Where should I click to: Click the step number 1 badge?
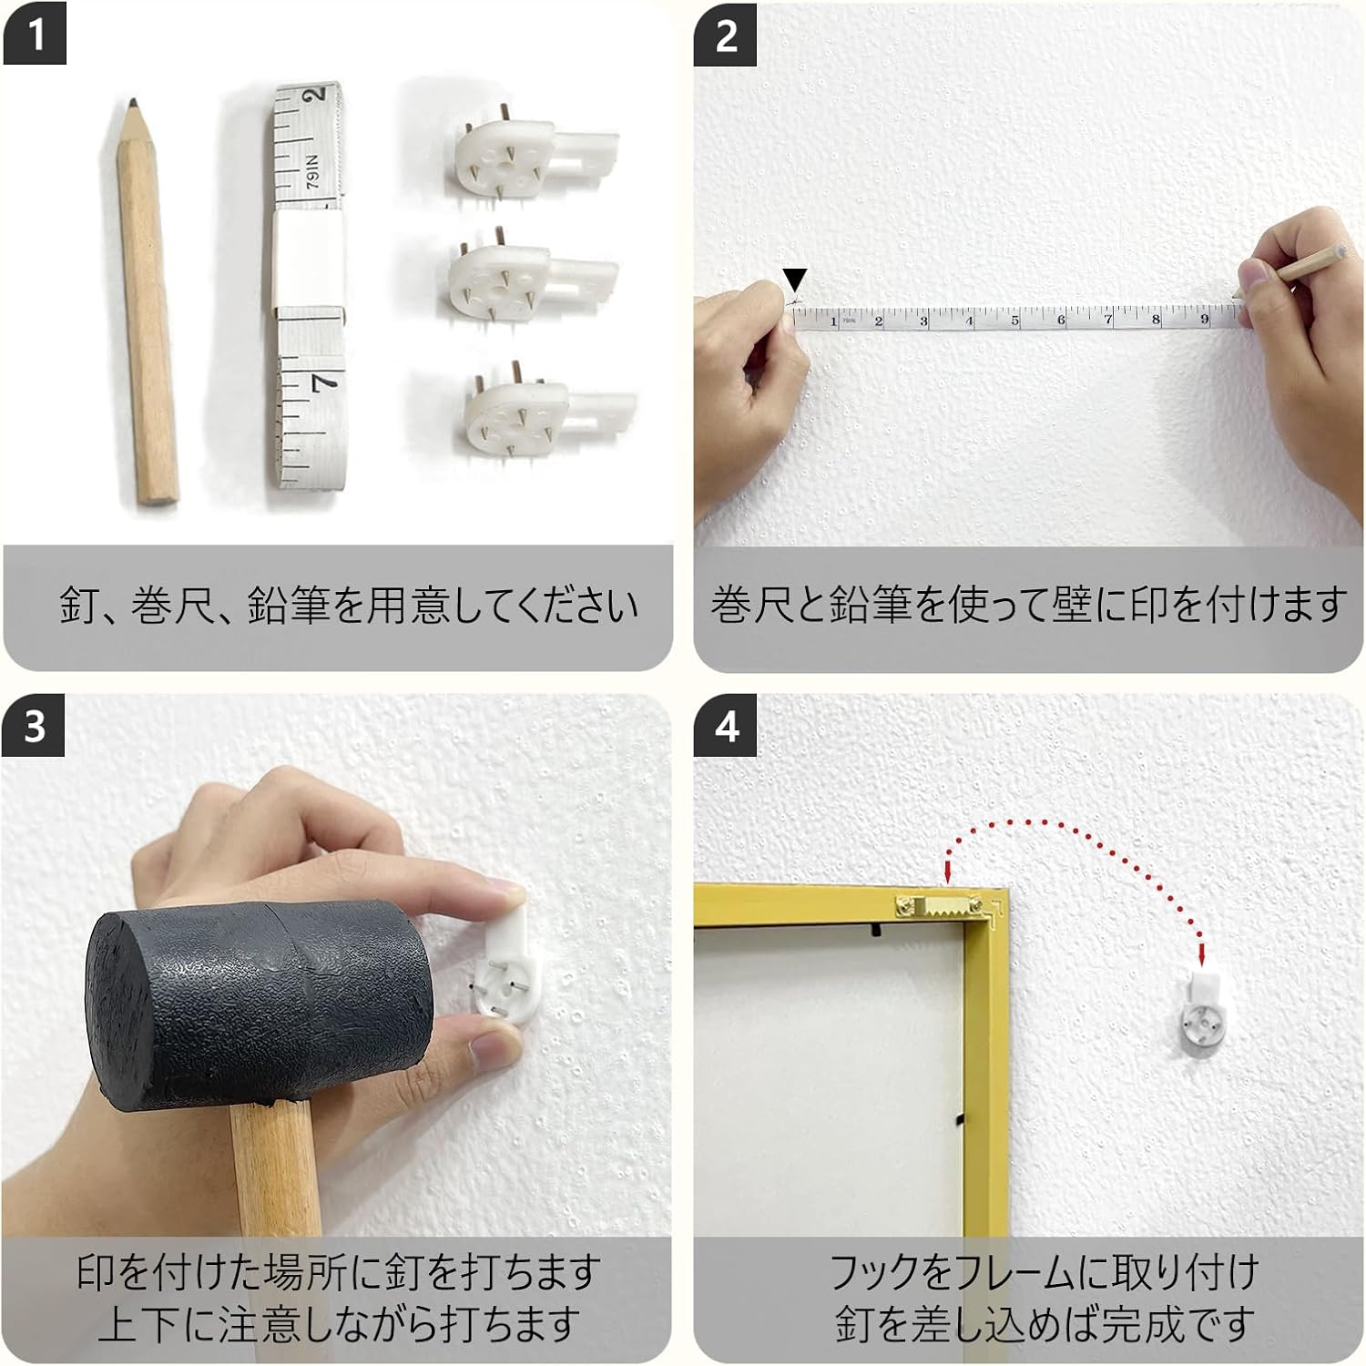(35, 36)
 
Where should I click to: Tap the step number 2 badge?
(726, 36)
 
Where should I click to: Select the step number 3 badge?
(34, 727)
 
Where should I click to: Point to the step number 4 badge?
(726, 727)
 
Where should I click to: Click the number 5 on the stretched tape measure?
(1014, 321)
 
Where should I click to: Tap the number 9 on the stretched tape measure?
(1204, 319)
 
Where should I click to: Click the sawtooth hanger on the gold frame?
(946, 907)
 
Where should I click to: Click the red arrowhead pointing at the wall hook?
(1202, 955)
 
